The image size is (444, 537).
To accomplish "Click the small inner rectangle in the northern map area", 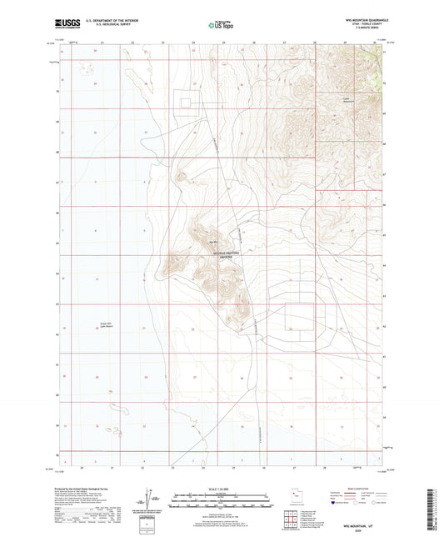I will pos(187,102).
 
